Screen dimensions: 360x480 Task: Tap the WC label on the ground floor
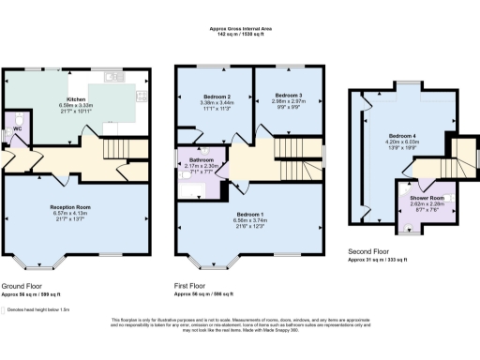17,129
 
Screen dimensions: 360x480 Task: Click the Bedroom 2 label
217,97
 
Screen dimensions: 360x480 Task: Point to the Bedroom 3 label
289,96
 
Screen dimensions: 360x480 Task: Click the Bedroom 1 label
248,215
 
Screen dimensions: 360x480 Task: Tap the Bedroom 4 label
404,136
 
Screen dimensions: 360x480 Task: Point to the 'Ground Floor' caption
21,284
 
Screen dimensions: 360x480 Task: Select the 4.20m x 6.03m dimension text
404,143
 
